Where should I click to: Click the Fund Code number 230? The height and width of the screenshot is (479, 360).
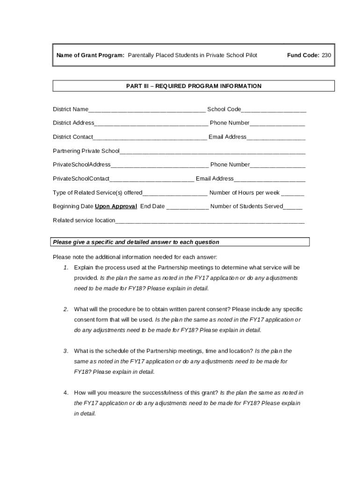pyautogui.click(x=326, y=55)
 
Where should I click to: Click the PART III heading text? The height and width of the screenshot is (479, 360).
pyautogui.click(x=194, y=86)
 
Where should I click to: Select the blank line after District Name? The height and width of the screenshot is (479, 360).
pyautogui.click(x=147, y=110)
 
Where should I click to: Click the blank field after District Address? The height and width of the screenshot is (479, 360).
pyautogui.click(x=151, y=124)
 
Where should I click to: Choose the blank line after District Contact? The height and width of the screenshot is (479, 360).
pyautogui.click(x=150, y=138)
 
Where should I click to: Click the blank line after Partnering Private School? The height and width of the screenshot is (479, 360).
pyautogui.click(x=212, y=152)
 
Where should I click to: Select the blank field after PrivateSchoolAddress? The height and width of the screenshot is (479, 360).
pyautogui.click(x=159, y=166)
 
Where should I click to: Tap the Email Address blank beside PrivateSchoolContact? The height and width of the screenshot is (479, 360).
pyautogui.click(x=269, y=180)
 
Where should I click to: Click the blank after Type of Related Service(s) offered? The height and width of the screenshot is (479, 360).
pyautogui.click(x=175, y=194)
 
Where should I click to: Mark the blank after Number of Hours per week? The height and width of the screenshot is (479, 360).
pyautogui.click(x=293, y=194)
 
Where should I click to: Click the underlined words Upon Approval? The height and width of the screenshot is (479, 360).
pyautogui.click(x=116, y=206)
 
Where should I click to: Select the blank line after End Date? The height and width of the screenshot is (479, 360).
pyautogui.click(x=187, y=207)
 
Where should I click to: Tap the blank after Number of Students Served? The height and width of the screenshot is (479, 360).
pyautogui.click(x=293, y=207)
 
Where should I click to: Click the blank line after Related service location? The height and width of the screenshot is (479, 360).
pyautogui.click(x=210, y=221)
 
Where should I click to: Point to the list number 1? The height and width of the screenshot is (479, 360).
pyautogui.click(x=66, y=268)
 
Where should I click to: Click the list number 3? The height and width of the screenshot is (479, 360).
pyautogui.click(x=66, y=351)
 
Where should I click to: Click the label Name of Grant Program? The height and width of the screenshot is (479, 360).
pyautogui.click(x=90, y=55)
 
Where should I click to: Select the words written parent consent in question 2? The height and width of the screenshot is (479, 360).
pyautogui.click(x=176, y=309)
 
